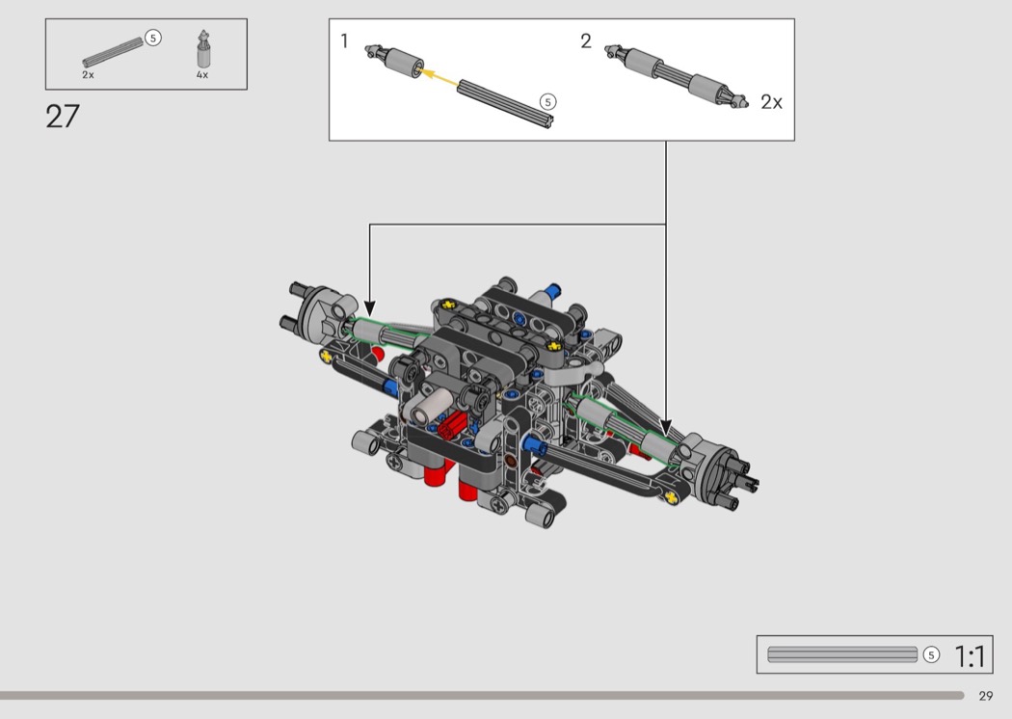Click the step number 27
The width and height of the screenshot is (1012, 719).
63,117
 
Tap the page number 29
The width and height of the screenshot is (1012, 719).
986,696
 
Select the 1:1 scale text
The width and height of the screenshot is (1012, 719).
970,657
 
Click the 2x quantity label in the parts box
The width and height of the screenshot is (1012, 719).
88,75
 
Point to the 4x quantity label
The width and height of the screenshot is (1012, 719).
202,75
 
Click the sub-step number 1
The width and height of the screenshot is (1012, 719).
345,40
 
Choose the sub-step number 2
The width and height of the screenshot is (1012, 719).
585,41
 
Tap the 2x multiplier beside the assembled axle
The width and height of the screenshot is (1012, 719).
771,102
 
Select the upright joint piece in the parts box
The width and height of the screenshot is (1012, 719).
204,49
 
